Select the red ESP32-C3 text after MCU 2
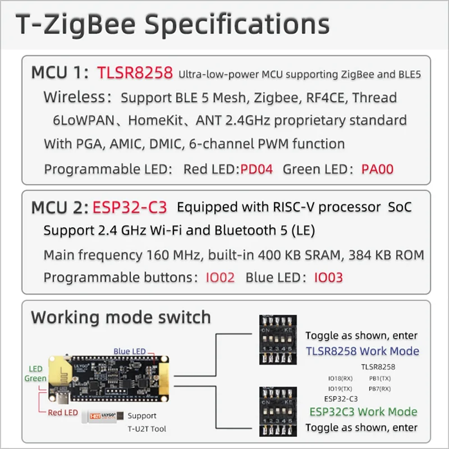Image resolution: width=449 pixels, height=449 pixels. tap(129, 207)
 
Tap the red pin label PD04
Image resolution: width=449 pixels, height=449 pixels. tap(256, 168)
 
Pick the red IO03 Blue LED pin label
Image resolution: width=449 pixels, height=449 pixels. tap(328, 277)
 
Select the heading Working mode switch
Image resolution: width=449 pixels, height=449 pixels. tap(121, 317)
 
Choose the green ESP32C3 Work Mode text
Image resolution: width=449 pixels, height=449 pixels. tap(363, 411)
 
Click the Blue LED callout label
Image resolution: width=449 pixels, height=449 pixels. tap(130, 351)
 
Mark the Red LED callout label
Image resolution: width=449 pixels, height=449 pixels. tap(62, 413)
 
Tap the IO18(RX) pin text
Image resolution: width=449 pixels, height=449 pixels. tap(340, 378)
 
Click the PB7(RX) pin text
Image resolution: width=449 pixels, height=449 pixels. tap(379, 388)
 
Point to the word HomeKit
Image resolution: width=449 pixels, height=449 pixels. tap(162, 120)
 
